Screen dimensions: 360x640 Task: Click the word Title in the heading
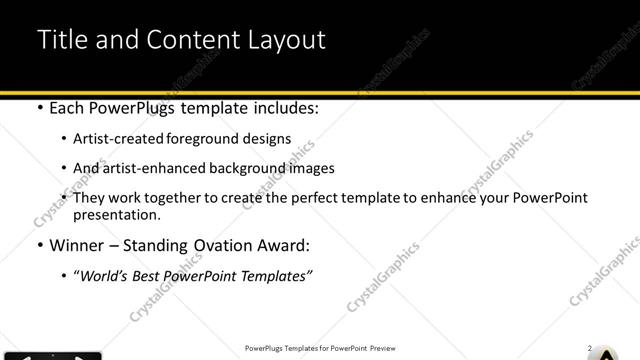pyautogui.click(x=59, y=40)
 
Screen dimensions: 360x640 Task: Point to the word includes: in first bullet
pyautogui.click(x=283, y=108)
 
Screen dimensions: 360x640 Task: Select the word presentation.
pyautogui.click(x=116, y=215)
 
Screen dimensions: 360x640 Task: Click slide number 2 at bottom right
pyautogui.click(x=591, y=349)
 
